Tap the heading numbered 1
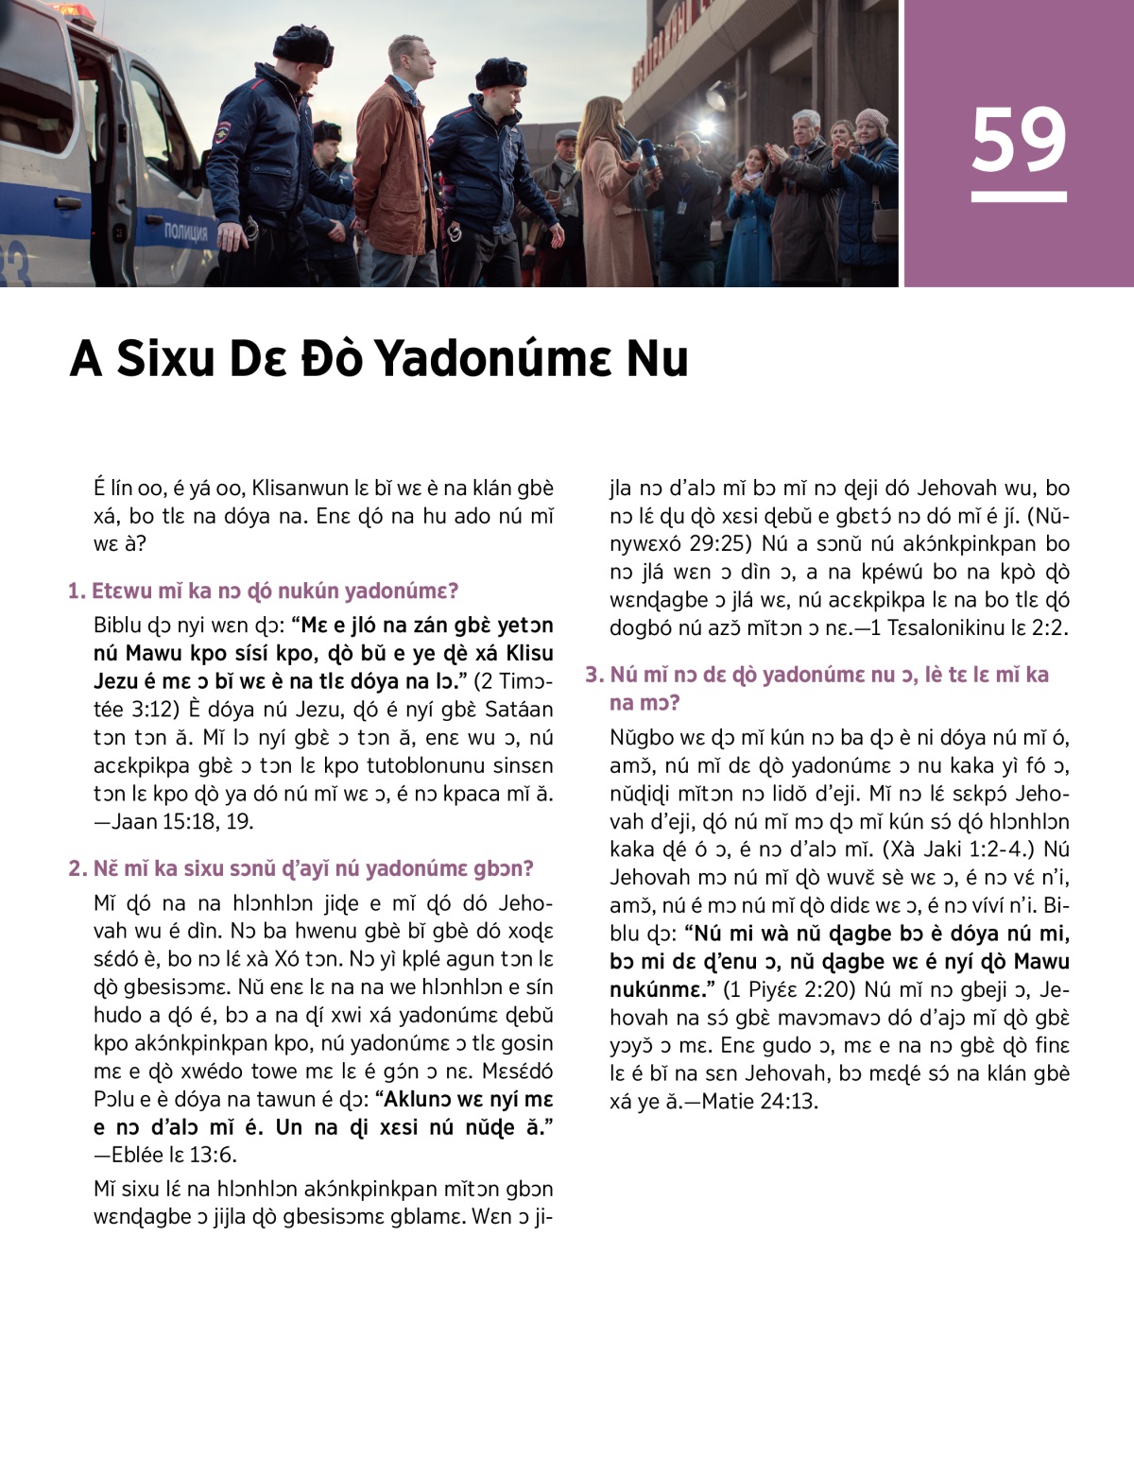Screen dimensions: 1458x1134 [x=264, y=592]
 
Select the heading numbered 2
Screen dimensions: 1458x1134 [x=301, y=868]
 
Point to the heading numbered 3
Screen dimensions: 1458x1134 [x=817, y=687]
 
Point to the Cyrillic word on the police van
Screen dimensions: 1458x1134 [x=186, y=232]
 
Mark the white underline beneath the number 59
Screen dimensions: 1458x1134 [x=1018, y=197]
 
